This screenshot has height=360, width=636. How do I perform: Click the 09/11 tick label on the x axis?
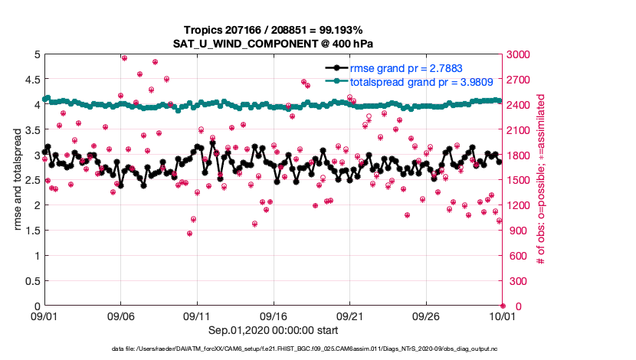click(197, 316)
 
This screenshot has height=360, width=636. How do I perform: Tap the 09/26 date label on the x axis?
click(426, 316)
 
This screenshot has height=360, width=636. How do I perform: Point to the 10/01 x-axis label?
click(502, 316)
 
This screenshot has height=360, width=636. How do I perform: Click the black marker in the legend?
click(336, 68)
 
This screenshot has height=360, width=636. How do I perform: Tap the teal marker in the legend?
click(336, 80)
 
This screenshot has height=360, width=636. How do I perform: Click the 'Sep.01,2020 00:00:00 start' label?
click(274, 330)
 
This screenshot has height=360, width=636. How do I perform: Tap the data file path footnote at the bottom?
click(317, 349)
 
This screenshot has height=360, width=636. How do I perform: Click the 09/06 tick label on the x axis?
click(121, 316)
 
